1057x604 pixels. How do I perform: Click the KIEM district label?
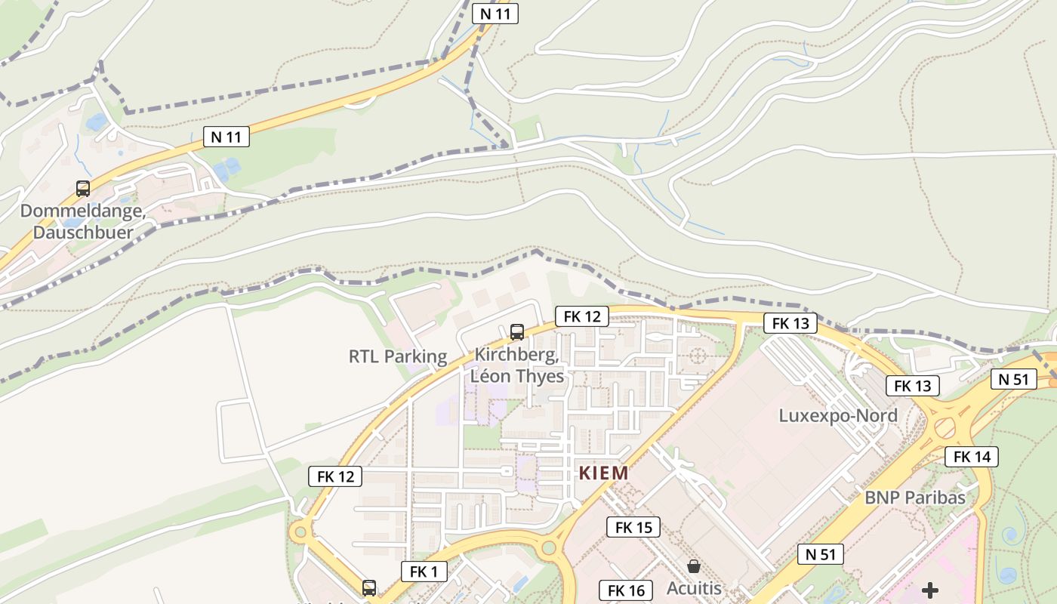pyautogui.click(x=603, y=473)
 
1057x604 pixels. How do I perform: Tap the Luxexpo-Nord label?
pyautogui.click(x=838, y=416)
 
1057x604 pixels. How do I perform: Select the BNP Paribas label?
pyautogui.click(x=915, y=498)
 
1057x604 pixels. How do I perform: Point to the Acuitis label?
pyautogui.click(x=694, y=588)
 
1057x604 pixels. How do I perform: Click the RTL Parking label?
pyautogui.click(x=398, y=356)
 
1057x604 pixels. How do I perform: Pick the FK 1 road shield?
pyautogui.click(x=424, y=572)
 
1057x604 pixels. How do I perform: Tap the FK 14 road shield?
pyautogui.click(x=972, y=457)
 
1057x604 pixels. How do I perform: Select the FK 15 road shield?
pyautogui.click(x=633, y=527)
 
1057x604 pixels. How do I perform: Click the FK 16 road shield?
pyautogui.click(x=626, y=590)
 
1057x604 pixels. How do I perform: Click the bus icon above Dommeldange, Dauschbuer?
pyautogui.click(x=83, y=188)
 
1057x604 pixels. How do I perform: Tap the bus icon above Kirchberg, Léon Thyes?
pyautogui.click(x=517, y=331)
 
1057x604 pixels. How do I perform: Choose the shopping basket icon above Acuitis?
pyautogui.click(x=694, y=565)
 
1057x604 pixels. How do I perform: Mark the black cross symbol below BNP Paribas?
pyautogui.click(x=931, y=590)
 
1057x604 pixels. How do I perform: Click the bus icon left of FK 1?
pyautogui.click(x=369, y=587)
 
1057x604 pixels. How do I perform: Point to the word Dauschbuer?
pyautogui.click(x=83, y=233)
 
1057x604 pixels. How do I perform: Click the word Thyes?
pyautogui.click(x=538, y=376)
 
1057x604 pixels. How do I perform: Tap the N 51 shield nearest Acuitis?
pyautogui.click(x=820, y=554)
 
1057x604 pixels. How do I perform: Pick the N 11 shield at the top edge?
pyautogui.click(x=495, y=13)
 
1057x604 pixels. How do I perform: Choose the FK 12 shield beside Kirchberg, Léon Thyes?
pyautogui.click(x=582, y=316)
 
